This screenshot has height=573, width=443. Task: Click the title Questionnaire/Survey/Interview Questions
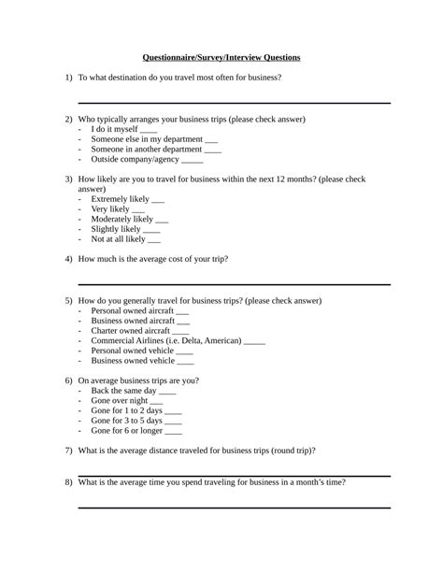[221, 58]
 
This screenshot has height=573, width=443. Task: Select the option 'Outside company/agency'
[127, 160]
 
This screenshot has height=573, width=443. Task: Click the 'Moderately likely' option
[122, 219]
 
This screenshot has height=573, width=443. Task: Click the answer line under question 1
[234, 103]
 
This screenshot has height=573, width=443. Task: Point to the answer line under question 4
[234, 284]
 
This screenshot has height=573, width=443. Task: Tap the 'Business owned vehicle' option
[132, 360]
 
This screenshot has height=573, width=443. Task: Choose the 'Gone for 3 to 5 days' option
[126, 421]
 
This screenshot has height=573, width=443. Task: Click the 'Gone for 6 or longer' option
[127, 431]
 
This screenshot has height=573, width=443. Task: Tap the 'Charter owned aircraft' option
[130, 331]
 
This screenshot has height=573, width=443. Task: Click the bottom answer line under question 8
[234, 508]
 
